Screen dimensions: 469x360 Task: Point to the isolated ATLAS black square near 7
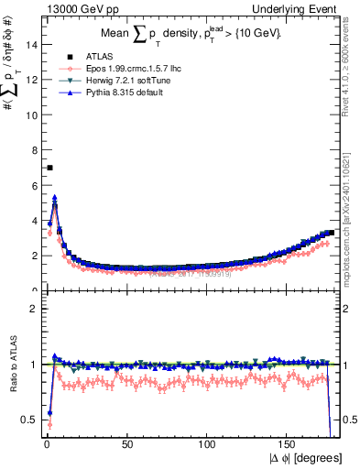pos(49,168)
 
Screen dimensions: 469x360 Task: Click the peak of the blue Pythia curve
pos(55,197)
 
